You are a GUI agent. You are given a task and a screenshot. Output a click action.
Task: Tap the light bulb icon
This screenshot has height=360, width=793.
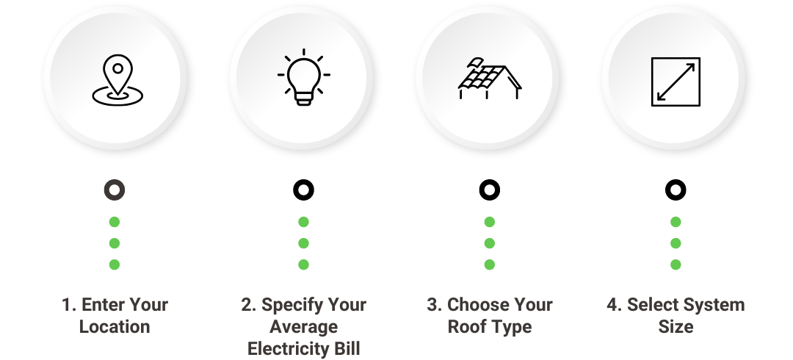pyautogui.click(x=303, y=77)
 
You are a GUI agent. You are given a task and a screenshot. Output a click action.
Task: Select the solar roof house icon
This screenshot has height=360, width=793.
pyautogui.click(x=490, y=79)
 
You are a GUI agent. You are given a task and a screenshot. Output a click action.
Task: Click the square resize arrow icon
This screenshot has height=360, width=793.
pyautogui.click(x=676, y=82)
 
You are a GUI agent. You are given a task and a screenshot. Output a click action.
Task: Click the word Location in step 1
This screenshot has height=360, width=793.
pyautogui.click(x=115, y=327)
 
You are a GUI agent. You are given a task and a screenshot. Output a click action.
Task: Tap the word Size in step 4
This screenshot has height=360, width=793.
pyautogui.click(x=676, y=327)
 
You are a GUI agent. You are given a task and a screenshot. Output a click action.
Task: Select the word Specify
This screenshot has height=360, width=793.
pyautogui.click(x=284, y=306)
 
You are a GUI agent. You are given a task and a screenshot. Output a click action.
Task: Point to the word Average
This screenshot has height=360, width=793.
pyautogui.click(x=303, y=327)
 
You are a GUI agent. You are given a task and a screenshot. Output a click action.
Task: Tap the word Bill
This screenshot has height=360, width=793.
pyautogui.click(x=347, y=348)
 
